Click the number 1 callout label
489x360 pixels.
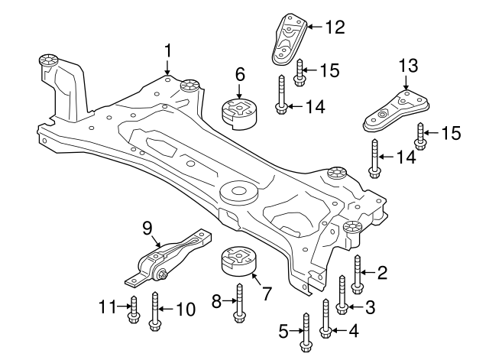(x=167, y=51)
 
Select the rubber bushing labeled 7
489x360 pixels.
(x=236, y=263)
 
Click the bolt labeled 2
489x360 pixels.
(x=357, y=274)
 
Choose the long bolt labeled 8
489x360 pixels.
(x=239, y=302)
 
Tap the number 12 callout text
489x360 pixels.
(x=335, y=28)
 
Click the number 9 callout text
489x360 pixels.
(x=147, y=226)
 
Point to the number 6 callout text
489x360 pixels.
(x=239, y=74)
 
